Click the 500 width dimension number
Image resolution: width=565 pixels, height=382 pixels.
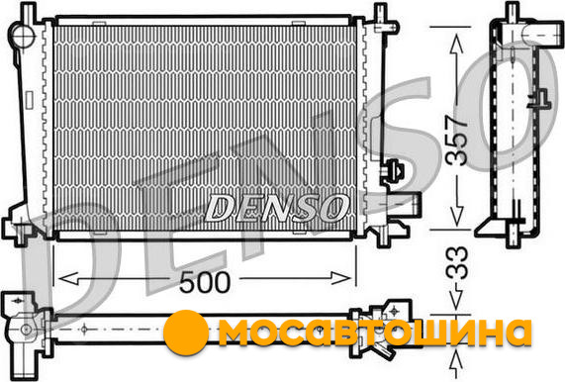click(x=204, y=282)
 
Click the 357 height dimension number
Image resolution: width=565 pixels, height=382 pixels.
click(x=456, y=141)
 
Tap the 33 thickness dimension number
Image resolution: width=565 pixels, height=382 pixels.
click(x=457, y=262)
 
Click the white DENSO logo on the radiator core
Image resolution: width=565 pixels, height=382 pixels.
click(x=277, y=208)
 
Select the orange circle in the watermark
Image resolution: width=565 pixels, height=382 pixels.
click(x=186, y=333)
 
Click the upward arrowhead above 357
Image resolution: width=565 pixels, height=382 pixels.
click(x=457, y=44)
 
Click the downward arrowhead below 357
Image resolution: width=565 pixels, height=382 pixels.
click(x=457, y=217)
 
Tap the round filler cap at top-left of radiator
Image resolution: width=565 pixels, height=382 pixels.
click(x=23, y=35)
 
